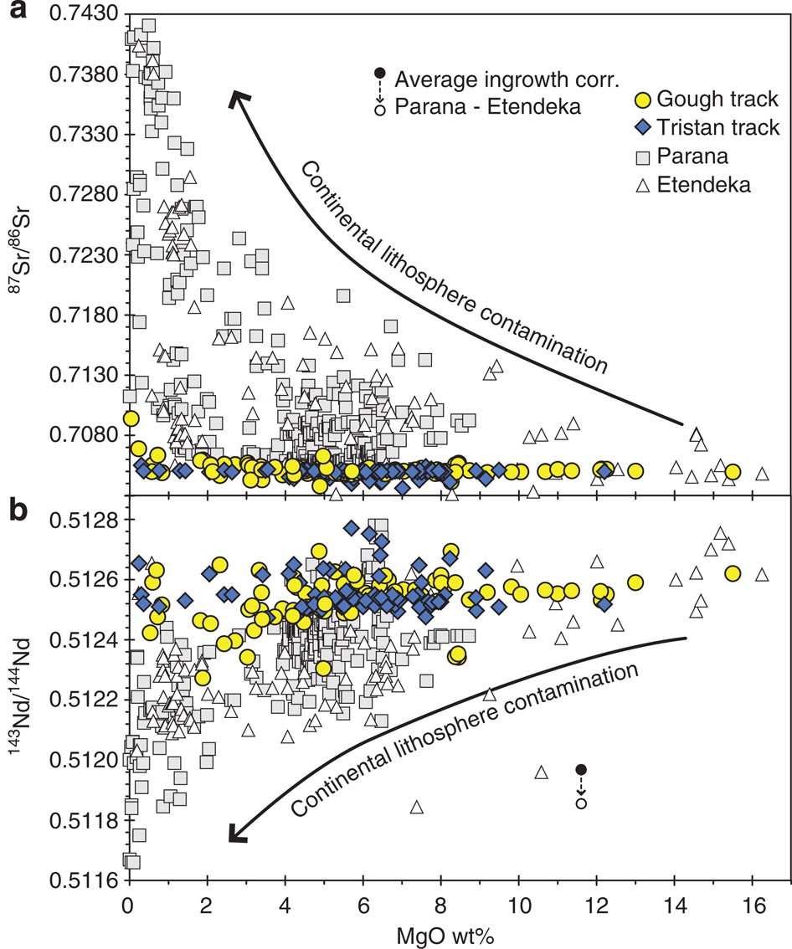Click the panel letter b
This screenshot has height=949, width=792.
point(13,510)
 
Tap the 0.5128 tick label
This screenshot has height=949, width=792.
point(80,520)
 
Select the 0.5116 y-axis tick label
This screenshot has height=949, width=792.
point(80,881)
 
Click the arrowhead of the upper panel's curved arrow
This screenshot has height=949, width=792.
point(238,97)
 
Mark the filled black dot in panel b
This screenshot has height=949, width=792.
point(581,769)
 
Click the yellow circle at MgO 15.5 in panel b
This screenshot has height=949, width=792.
point(733,573)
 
